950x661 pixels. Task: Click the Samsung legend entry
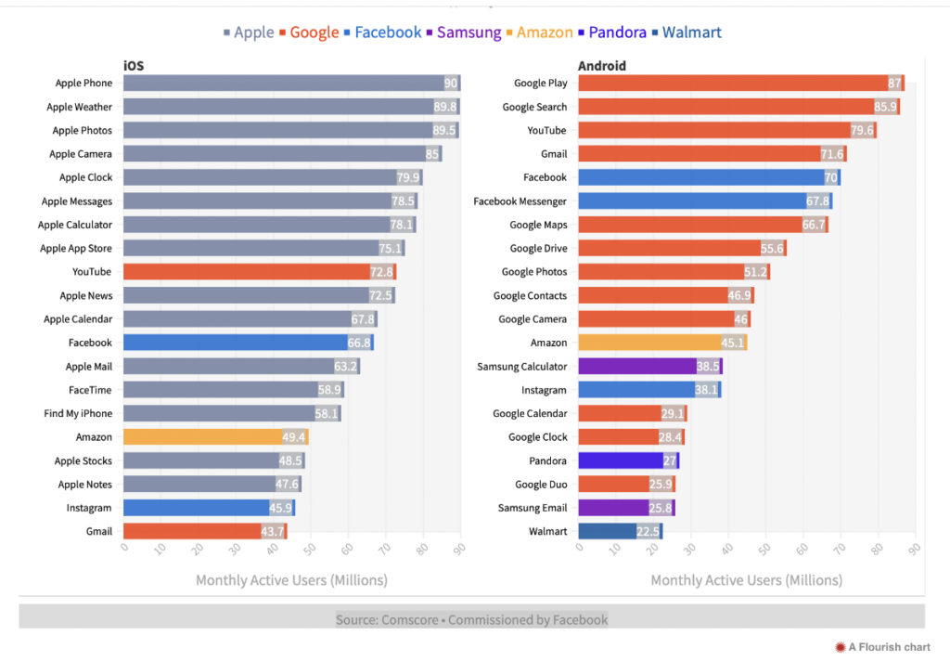click(x=469, y=32)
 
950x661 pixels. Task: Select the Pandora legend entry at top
click(x=614, y=32)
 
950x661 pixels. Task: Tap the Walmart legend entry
click(x=690, y=32)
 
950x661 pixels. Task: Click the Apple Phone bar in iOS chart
click(x=291, y=84)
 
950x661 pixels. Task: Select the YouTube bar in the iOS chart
click(x=259, y=272)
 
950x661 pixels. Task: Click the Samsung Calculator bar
click(x=649, y=367)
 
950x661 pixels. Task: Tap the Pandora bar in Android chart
click(x=628, y=460)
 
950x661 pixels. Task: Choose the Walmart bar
click(x=620, y=531)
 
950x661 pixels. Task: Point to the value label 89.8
click(x=445, y=107)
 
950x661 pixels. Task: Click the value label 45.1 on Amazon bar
click(x=733, y=343)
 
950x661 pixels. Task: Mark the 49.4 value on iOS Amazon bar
click(x=293, y=437)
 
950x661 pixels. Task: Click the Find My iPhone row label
click(x=78, y=413)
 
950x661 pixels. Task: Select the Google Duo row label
click(x=541, y=485)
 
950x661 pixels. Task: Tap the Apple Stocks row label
click(x=83, y=460)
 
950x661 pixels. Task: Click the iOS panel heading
click(x=134, y=65)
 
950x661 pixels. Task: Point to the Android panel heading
click(x=601, y=65)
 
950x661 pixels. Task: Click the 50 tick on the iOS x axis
click(x=310, y=550)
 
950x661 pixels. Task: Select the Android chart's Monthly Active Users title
click(x=746, y=580)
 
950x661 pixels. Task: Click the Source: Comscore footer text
click(x=471, y=619)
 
